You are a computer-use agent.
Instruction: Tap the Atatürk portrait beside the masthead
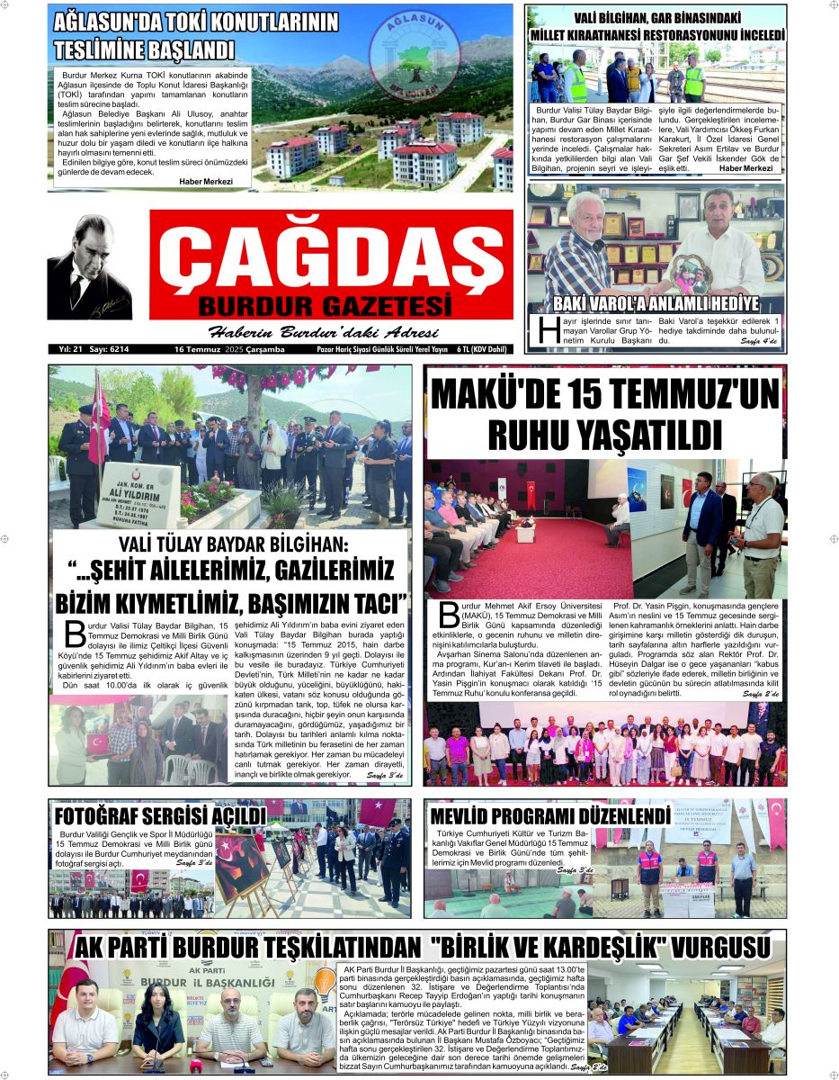click(89, 267)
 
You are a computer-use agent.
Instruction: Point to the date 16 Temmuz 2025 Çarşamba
click(228, 349)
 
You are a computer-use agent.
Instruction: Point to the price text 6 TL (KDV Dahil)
click(481, 349)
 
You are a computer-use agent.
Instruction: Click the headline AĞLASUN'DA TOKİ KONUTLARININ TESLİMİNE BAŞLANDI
click(195, 36)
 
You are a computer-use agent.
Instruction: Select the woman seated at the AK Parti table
click(158, 1026)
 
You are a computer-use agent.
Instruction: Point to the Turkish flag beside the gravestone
click(98, 422)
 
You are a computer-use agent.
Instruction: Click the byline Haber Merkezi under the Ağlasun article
click(205, 181)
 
